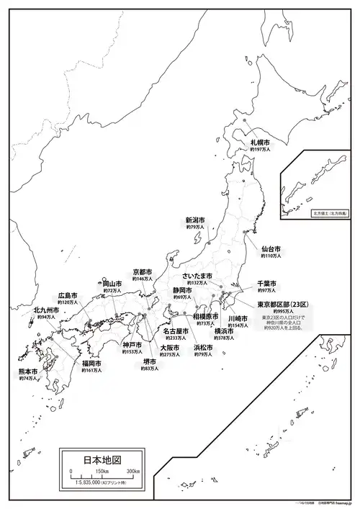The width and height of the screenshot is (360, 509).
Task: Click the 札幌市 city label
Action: [260, 142]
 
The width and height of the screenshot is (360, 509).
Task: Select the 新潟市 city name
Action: [195, 220]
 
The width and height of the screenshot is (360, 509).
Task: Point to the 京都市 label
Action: [143, 271]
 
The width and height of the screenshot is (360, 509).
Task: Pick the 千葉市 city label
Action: [267, 284]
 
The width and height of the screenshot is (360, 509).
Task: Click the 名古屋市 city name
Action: [176, 331]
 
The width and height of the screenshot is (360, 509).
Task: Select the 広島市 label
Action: [68, 295]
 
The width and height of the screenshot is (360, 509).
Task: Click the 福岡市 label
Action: [91, 364]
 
